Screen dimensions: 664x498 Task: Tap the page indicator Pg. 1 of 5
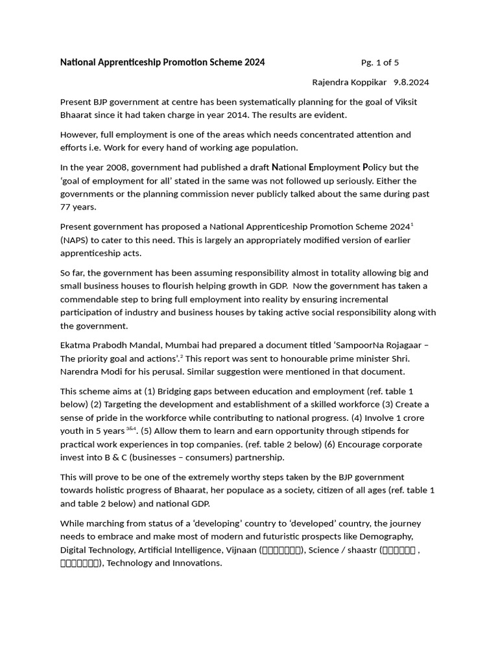[379, 63]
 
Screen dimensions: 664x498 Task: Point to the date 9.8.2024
[411, 82]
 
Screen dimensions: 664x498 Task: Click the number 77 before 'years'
[66, 207]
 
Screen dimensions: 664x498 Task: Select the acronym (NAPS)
[75, 240]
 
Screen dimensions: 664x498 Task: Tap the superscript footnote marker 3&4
[131, 429]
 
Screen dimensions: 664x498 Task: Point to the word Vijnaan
[241, 550]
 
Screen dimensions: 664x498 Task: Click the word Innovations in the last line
[193, 563]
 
